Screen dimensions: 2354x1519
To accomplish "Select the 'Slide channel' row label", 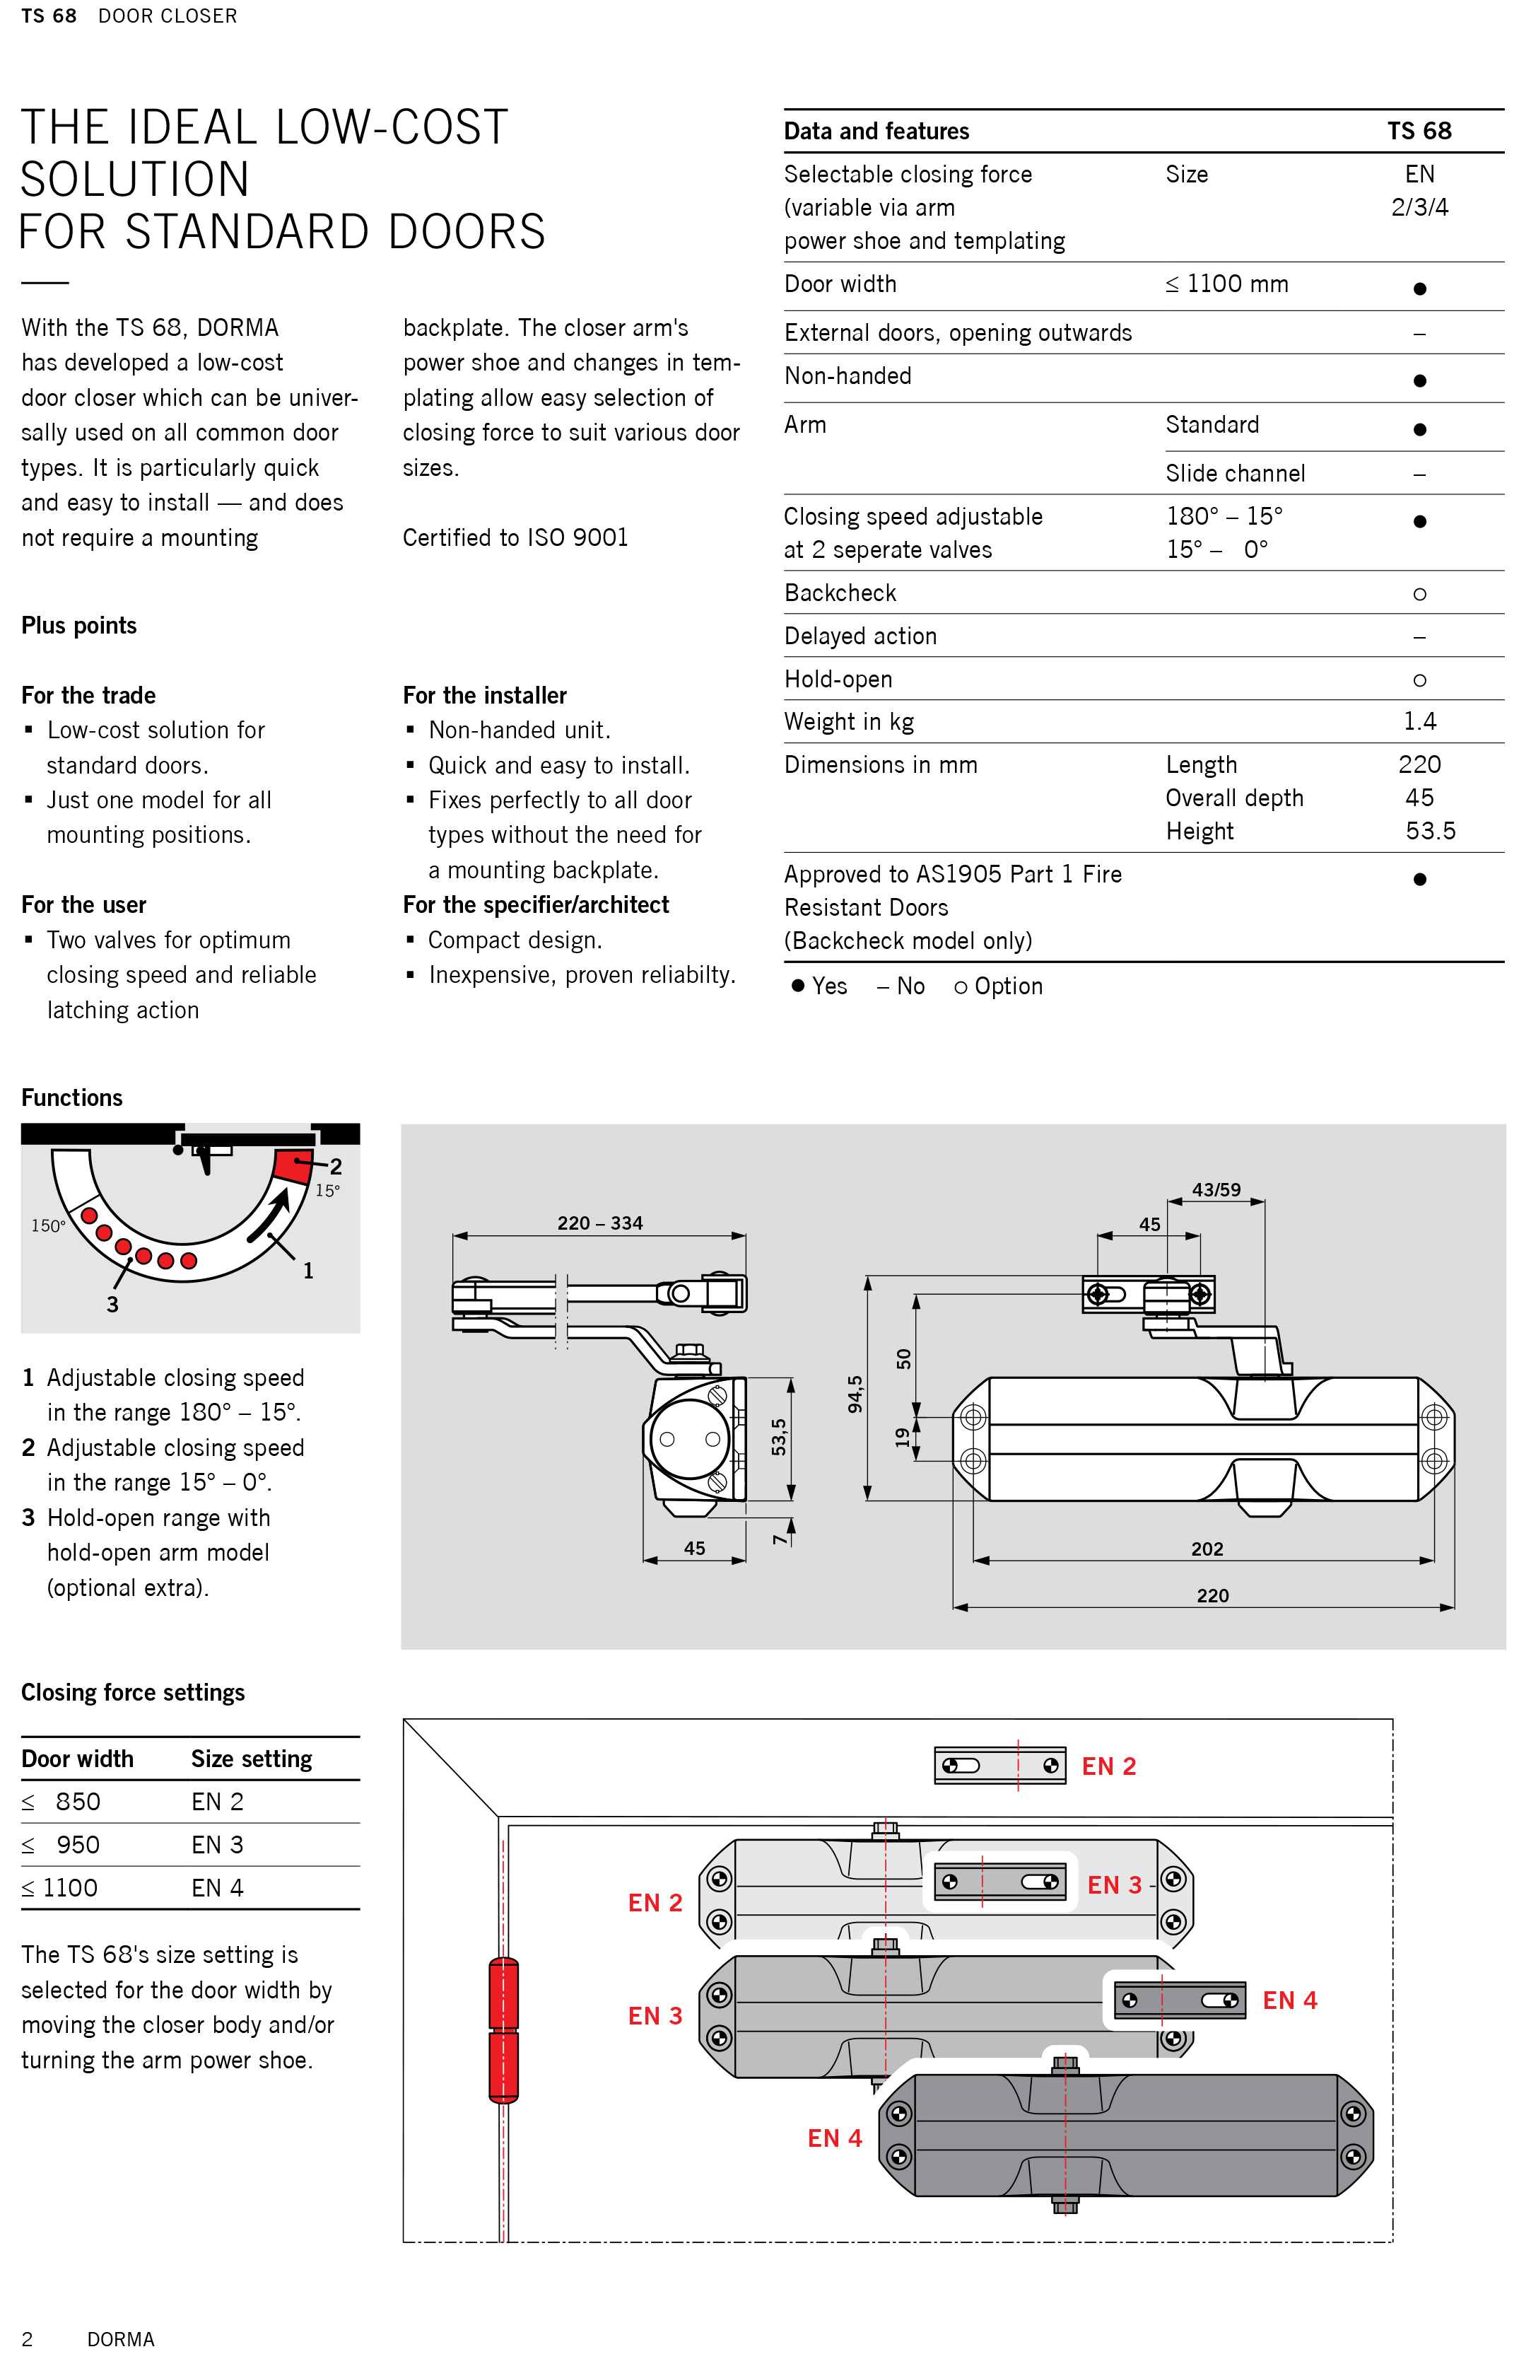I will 1235,474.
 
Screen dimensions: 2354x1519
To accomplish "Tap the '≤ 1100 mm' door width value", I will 1226,284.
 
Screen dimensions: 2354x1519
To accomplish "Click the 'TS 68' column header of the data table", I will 1419,132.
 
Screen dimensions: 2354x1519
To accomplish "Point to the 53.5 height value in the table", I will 1429,831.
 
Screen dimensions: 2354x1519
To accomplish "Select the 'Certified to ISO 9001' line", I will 515,537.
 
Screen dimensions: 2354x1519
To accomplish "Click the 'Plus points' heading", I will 79,626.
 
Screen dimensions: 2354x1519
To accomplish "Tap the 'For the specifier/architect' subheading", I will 536,904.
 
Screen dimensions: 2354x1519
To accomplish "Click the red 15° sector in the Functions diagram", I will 292,1165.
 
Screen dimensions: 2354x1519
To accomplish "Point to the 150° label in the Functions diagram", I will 47,1225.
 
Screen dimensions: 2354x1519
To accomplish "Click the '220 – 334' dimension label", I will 599,1223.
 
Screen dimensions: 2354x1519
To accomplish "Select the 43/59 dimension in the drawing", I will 1216,1190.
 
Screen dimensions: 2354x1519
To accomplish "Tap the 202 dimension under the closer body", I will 1207,1549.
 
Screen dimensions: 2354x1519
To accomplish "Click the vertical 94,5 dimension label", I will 855,1393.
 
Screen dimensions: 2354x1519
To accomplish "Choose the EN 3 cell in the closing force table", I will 217,1845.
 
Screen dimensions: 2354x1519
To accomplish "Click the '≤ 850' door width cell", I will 62,1802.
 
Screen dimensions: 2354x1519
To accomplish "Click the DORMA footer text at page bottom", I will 120,2339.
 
